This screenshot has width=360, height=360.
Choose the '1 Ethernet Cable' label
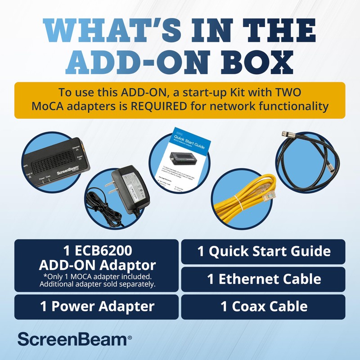pyautogui.click(x=264, y=279)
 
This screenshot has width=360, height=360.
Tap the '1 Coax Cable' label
pyautogui.click(x=264, y=307)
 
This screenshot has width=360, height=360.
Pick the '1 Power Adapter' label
pyautogui.click(x=97, y=307)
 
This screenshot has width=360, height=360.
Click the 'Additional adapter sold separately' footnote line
pyautogui.click(x=97, y=284)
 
